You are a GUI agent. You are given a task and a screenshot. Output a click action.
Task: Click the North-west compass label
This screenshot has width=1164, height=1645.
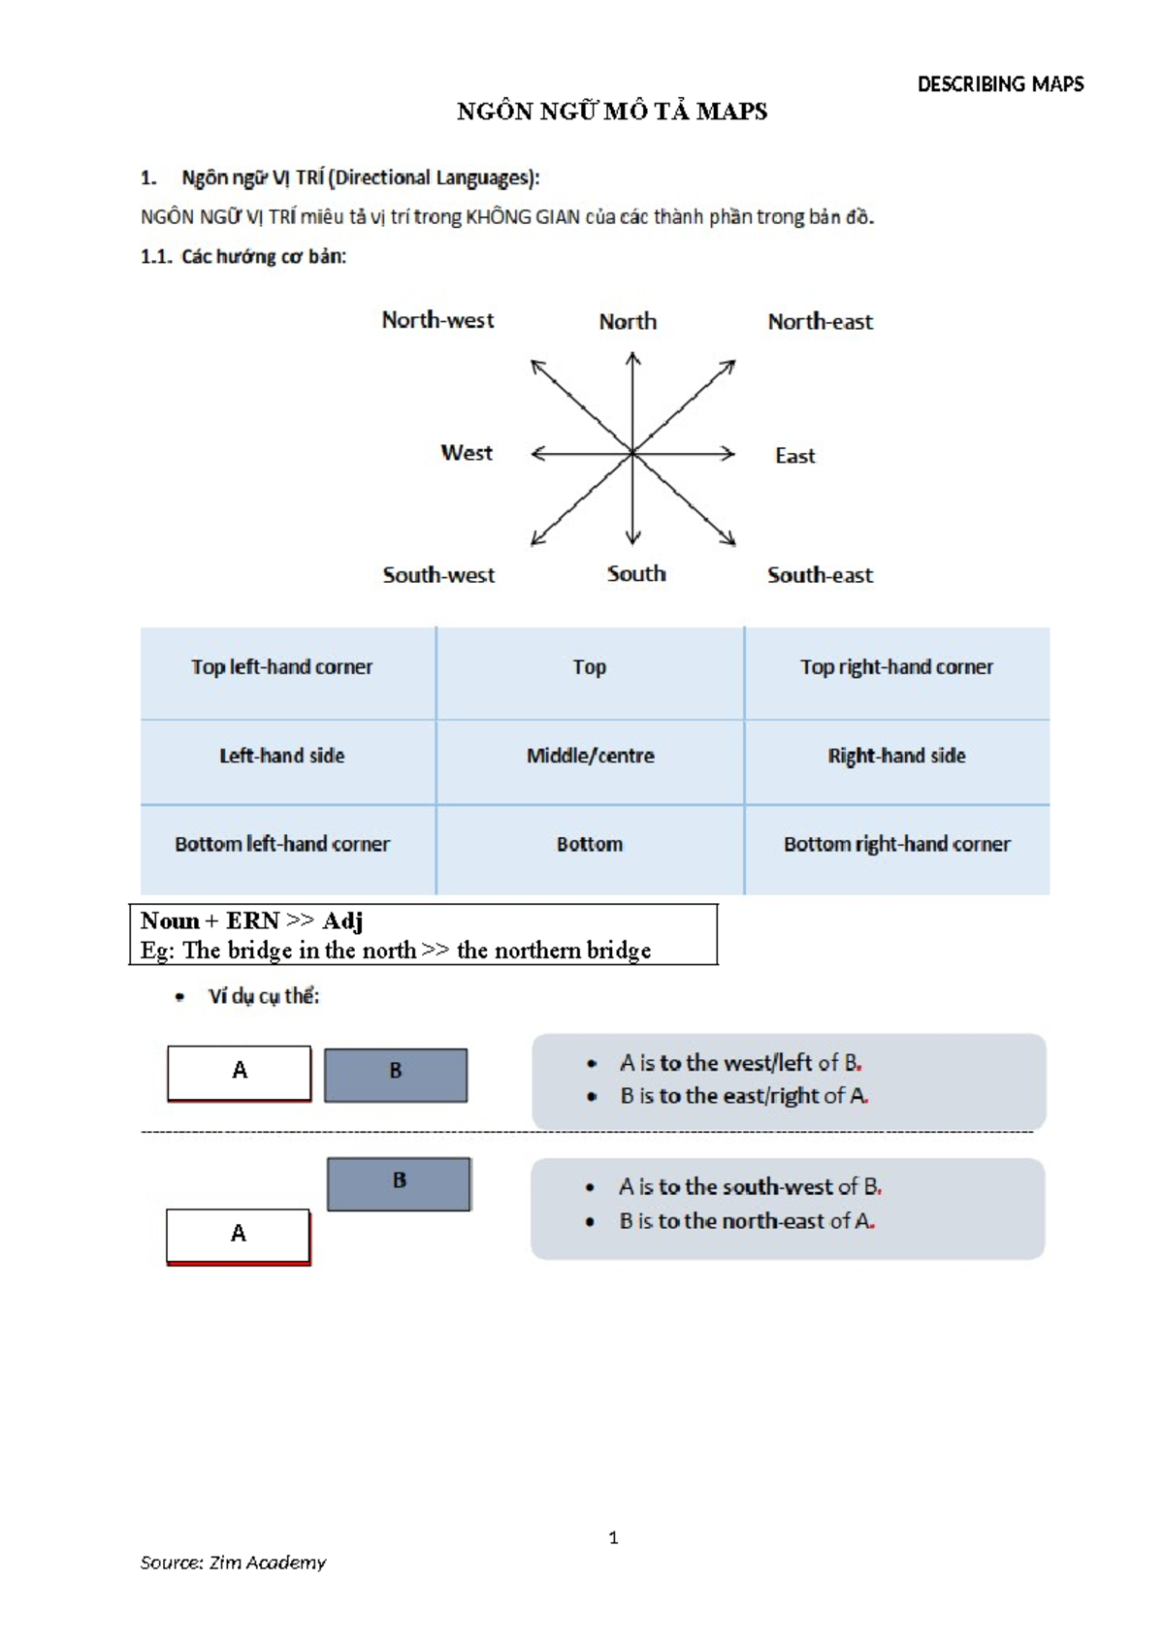pos(437,320)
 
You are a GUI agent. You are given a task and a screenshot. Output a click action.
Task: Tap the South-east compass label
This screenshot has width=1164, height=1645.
pos(820,575)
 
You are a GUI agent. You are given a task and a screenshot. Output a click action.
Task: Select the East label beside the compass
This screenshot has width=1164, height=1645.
pos(794,456)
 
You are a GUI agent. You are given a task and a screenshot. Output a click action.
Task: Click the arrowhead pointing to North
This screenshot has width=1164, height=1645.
pos(632,359)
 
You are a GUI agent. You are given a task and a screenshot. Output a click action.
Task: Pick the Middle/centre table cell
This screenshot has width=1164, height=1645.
pos(590,756)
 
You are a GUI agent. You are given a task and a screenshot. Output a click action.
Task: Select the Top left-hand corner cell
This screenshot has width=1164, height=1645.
pos(281,667)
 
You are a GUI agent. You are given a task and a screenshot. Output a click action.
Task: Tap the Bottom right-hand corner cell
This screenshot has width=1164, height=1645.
pos(896,844)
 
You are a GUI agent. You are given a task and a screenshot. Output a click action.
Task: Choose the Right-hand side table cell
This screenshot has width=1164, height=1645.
pos(896,756)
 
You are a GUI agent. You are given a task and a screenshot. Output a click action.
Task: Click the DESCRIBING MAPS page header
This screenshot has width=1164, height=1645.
pos(1000,84)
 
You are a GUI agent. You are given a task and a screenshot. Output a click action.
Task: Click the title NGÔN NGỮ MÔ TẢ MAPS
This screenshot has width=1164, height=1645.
pos(612,112)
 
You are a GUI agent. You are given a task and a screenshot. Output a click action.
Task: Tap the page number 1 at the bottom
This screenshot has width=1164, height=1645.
pos(613,1537)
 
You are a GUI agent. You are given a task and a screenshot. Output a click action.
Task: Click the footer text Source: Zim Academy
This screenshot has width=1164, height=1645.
pos(233,1563)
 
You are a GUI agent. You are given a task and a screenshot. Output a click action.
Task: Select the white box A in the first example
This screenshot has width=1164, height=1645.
pos(240,1072)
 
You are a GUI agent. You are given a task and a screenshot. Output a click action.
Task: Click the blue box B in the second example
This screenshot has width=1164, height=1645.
pos(399,1182)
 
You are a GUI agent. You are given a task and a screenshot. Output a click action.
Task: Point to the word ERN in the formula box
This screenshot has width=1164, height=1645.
pos(252,920)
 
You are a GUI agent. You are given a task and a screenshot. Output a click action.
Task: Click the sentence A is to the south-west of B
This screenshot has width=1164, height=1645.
pos(750,1187)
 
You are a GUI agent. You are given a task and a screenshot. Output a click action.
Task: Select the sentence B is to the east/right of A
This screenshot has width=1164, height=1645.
pos(744,1096)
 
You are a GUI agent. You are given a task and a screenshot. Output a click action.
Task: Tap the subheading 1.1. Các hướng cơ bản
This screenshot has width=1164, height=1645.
pos(243,257)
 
